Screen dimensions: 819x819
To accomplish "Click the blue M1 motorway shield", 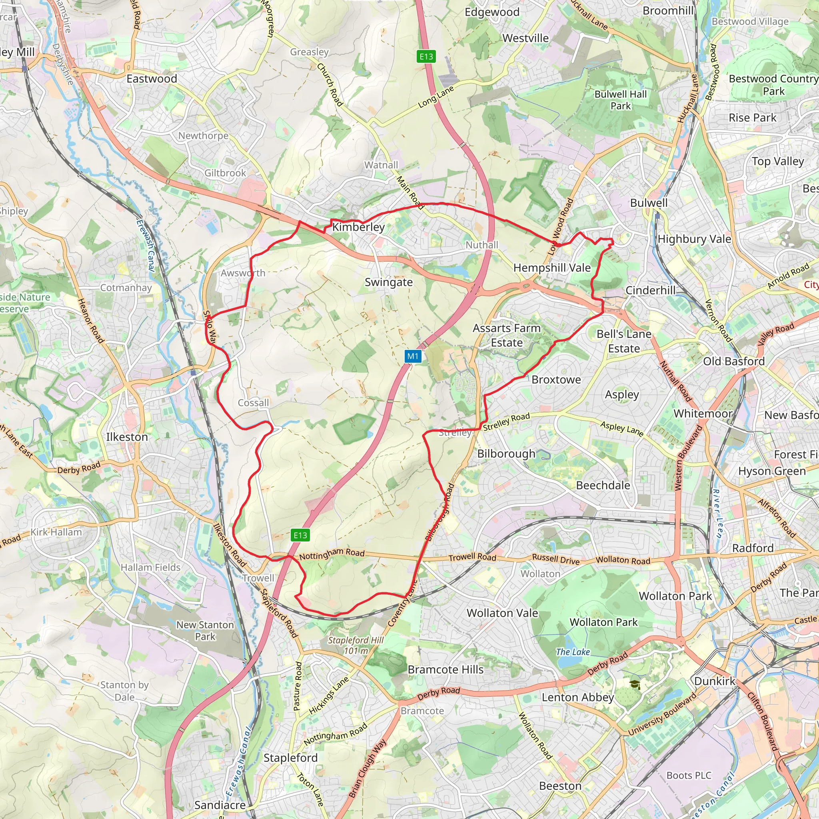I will pos(413,356).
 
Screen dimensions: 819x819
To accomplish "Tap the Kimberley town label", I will pos(358,227).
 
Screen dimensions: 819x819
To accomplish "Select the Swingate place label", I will pos(389,282).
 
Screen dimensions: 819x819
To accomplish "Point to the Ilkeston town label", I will pos(127,437).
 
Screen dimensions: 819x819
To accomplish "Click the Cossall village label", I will pos(253,403).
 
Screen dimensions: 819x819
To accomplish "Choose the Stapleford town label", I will pos(290,757).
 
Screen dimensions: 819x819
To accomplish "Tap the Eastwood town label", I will pos(152,79).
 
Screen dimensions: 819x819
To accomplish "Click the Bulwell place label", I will pos(649,203).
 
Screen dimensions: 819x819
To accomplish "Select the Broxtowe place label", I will pos(556,380).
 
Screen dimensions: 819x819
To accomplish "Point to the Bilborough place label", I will pos(506,453).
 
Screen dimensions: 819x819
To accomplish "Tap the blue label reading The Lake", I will pos(573,652).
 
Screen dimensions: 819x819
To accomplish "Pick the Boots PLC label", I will pos(689,775).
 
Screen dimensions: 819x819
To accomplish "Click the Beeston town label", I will pos(560,786).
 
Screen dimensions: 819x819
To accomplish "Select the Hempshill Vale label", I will pos(552,268).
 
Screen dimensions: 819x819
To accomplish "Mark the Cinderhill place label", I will pos(650,290).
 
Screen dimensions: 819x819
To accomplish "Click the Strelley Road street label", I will pos(506,422).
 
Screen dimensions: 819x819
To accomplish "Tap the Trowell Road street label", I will pos(472,557).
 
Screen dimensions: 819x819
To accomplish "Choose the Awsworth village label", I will pos(243,273).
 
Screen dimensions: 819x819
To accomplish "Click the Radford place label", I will pos(753,548).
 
